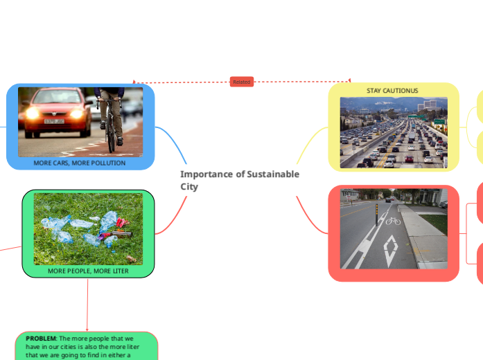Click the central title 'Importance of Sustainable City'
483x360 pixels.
click(240, 180)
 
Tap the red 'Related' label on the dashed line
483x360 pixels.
click(241, 82)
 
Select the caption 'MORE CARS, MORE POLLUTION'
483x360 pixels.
click(80, 163)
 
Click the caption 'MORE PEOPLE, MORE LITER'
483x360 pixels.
click(88, 271)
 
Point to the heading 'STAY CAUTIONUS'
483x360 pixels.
click(392, 91)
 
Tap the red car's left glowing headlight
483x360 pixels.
click(32, 112)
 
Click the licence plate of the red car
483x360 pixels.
click(53, 121)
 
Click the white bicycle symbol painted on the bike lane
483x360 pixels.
click(393, 221)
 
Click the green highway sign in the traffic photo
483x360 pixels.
click(439, 122)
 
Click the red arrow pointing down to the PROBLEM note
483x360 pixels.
click(87, 328)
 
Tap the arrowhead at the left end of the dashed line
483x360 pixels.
click(134, 82)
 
